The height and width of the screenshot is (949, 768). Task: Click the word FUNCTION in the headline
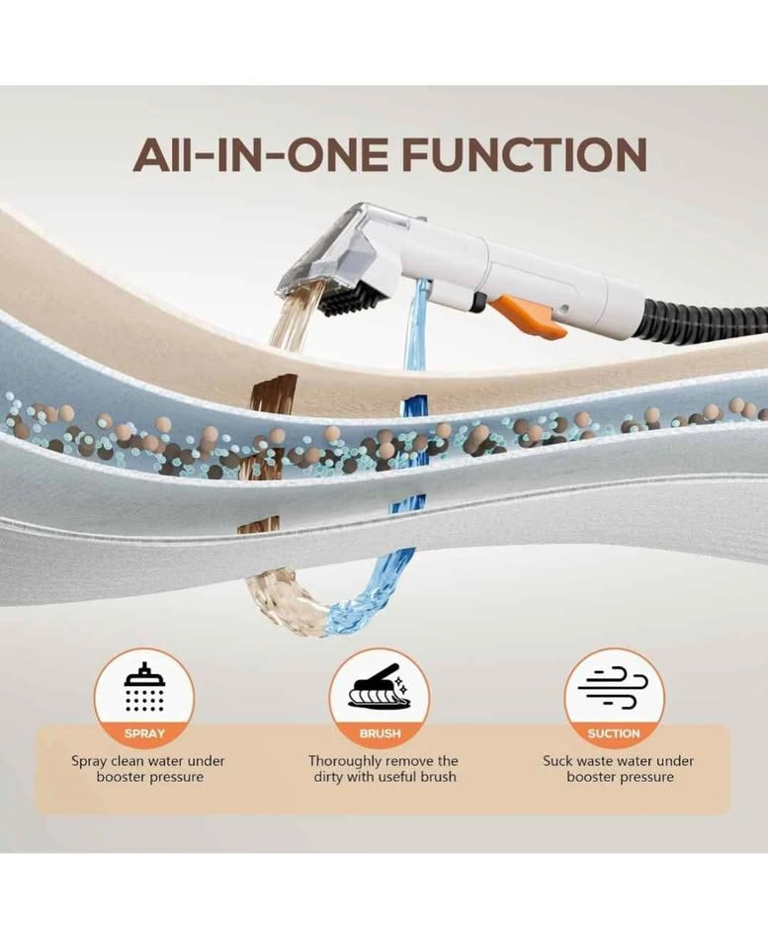coord(524,154)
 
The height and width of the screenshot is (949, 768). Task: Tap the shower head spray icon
coord(144,686)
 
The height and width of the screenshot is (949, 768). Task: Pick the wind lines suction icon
coord(613,688)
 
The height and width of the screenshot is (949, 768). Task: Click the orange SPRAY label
coord(144,733)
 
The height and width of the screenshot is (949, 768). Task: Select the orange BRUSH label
coord(381,733)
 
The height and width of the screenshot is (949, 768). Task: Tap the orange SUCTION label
coord(614,733)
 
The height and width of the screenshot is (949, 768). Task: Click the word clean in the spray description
coord(128,761)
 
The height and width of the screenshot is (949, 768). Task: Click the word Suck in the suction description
coord(556,761)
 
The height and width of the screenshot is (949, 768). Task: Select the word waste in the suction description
coord(593,761)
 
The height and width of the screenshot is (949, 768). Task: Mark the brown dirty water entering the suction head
coord(290,320)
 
